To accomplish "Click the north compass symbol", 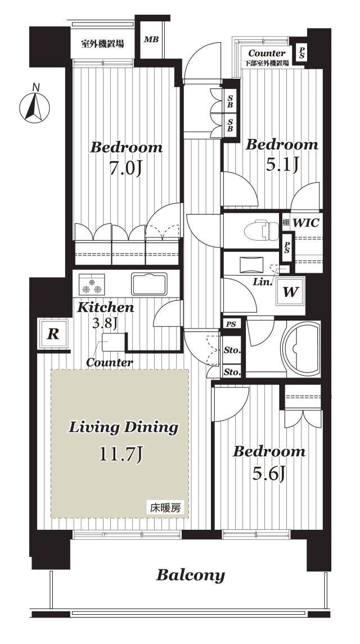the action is click(x=34, y=106).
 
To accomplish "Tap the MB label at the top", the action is click(x=151, y=40).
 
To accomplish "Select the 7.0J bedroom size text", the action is click(x=126, y=169).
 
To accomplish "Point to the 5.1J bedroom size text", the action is click(x=281, y=165).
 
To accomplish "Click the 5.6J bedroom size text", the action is click(x=269, y=475).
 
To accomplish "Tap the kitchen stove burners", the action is click(x=92, y=284).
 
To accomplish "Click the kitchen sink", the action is click(x=149, y=283).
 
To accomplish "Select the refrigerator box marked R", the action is click(x=53, y=334).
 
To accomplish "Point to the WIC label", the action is click(x=306, y=223).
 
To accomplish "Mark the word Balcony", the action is click(x=190, y=575).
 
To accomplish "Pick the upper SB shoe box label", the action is click(x=230, y=101).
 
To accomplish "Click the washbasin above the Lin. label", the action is click(x=250, y=264).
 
